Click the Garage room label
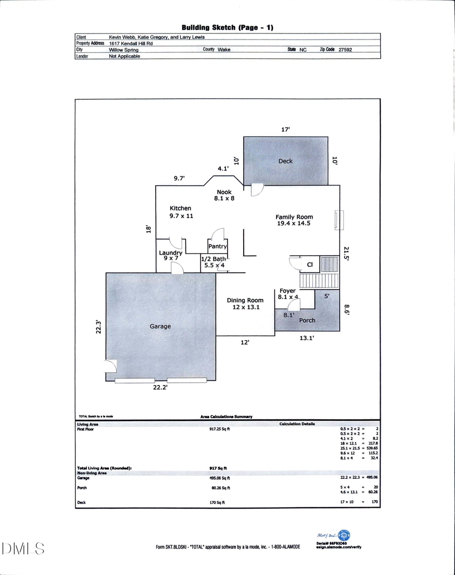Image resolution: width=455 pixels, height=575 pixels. (160, 326)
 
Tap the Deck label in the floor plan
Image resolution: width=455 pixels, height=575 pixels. (286, 161)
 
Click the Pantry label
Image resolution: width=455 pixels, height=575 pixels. (217, 247)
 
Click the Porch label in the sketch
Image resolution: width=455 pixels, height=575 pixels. (307, 320)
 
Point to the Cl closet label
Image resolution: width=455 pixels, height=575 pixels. (310, 264)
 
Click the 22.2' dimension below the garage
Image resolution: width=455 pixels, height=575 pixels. (160, 387)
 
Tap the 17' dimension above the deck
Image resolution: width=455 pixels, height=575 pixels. (286, 130)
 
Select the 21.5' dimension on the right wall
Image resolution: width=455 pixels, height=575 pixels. (346, 254)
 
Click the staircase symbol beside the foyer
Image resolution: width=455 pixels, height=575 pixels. (318, 280)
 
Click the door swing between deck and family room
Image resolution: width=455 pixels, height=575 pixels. (257, 189)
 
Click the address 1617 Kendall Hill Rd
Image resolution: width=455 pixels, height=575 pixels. (131, 44)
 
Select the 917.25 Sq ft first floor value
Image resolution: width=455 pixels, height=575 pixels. (219, 429)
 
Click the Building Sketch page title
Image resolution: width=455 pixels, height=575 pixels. (227, 27)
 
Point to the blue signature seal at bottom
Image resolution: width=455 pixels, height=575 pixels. (344, 536)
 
